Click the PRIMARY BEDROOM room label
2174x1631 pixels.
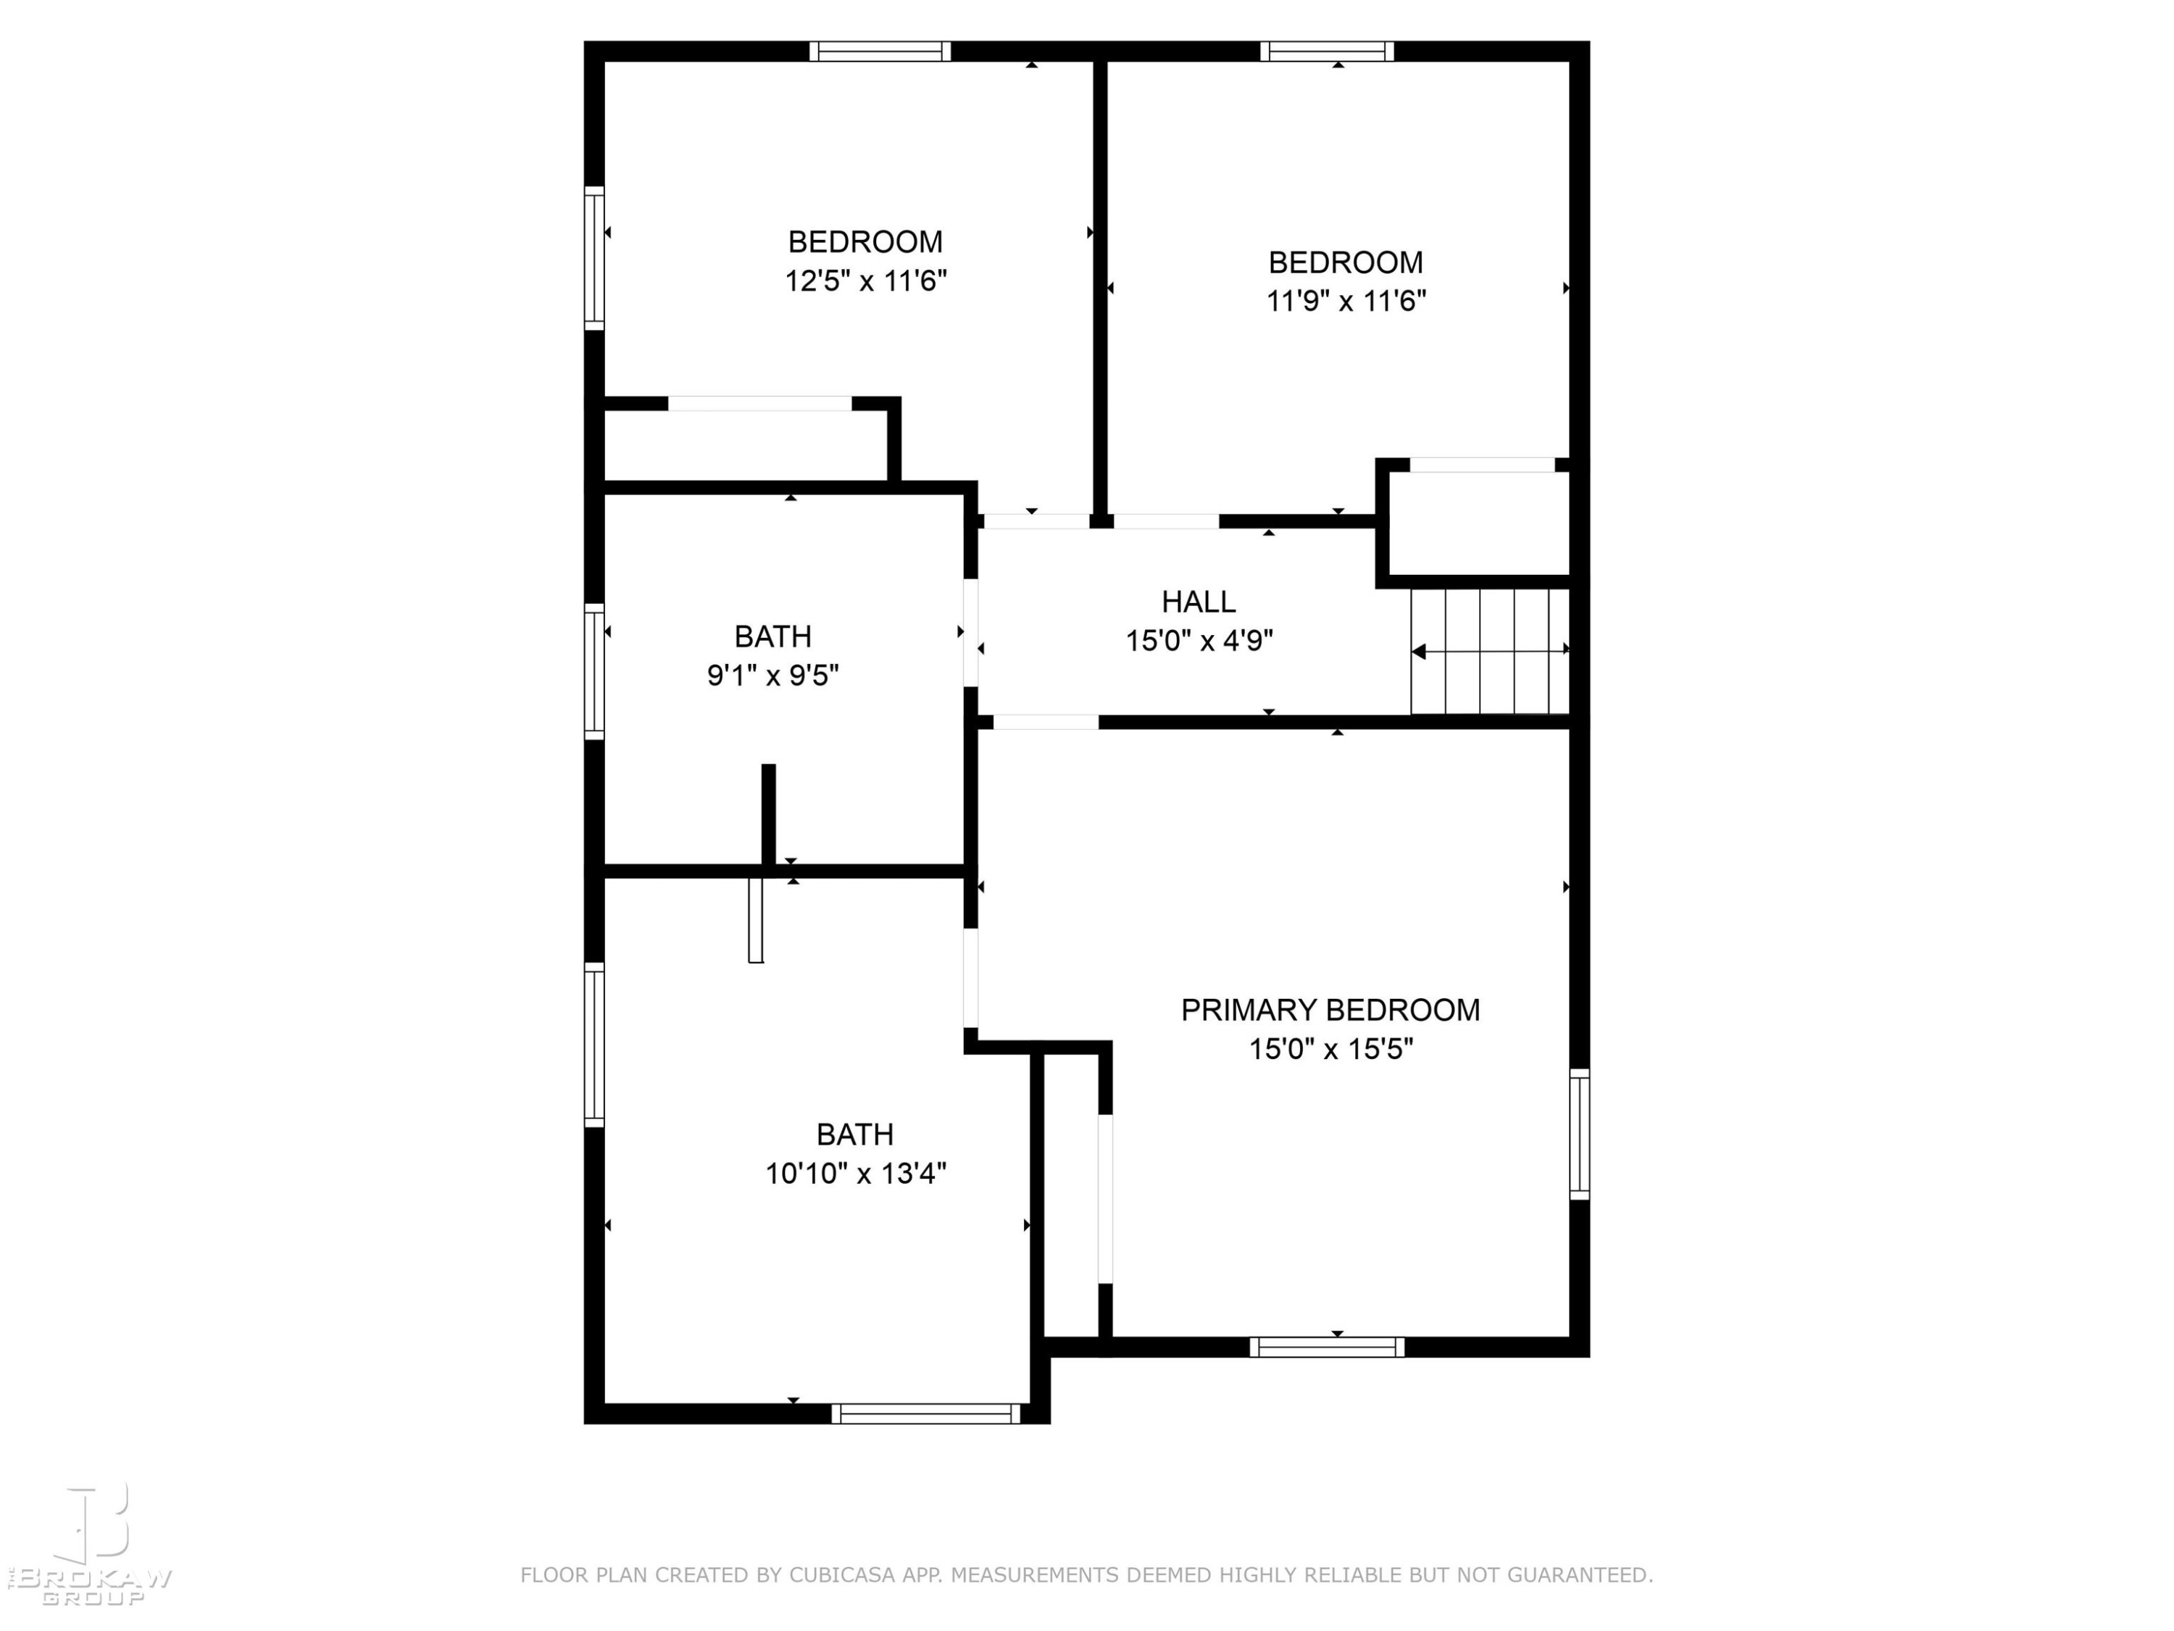(x=1330, y=1010)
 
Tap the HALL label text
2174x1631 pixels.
(x=1198, y=601)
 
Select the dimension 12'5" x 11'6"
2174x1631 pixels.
(x=865, y=281)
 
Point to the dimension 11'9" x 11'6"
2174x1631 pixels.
(x=1346, y=301)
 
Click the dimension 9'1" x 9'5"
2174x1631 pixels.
(x=772, y=676)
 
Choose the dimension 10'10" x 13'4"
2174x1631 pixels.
(x=855, y=1173)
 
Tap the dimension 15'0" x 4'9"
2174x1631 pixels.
(x=1199, y=641)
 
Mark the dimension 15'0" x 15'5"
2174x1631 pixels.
(x=1330, y=1049)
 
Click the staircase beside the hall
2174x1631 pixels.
(x=1490, y=651)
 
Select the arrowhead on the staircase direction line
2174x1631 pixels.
(x=1418, y=651)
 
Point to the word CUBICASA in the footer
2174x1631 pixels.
(x=842, y=1575)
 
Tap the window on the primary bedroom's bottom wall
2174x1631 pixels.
(x=1327, y=1347)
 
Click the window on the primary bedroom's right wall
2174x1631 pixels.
(x=1579, y=1134)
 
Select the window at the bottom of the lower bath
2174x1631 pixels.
(x=926, y=1414)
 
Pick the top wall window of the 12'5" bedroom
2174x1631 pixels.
(x=880, y=51)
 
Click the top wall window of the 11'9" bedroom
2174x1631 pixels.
(x=1327, y=51)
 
